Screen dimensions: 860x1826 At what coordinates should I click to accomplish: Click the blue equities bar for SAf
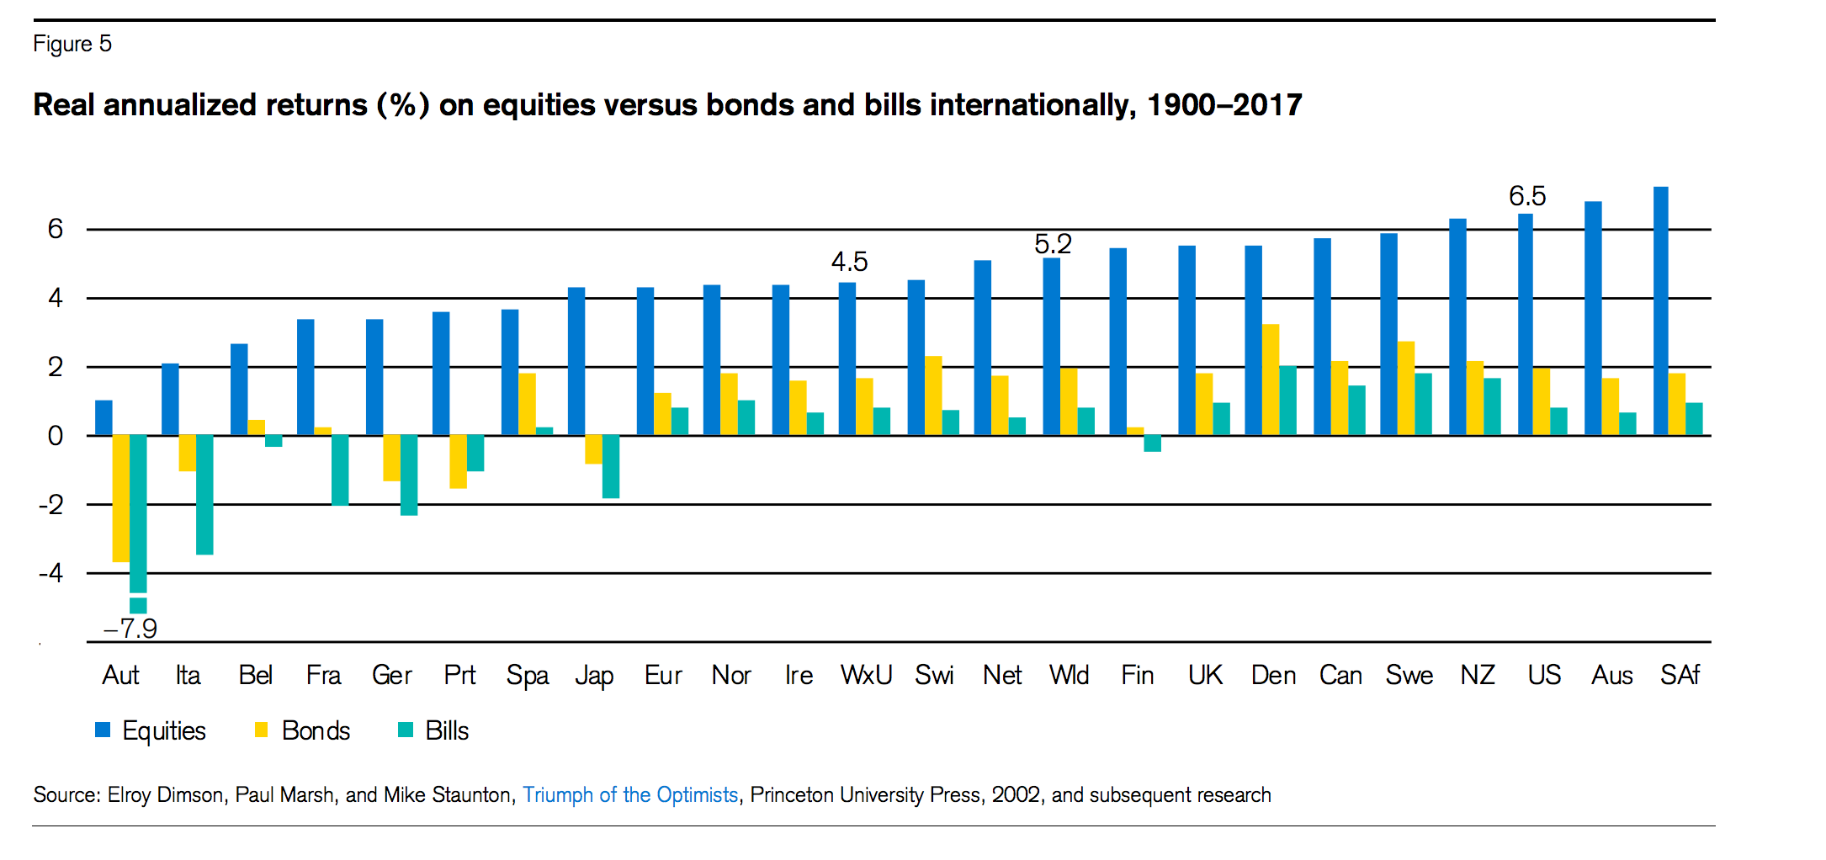[1660, 311]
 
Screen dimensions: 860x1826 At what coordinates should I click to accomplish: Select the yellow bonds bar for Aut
[120, 498]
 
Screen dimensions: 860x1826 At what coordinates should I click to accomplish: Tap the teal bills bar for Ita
[204, 495]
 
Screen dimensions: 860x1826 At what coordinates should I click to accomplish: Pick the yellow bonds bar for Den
[1271, 380]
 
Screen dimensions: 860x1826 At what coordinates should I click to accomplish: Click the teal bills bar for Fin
[1152, 443]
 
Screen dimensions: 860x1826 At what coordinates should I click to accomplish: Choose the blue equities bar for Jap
[576, 361]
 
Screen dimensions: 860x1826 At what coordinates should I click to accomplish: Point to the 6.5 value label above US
[1527, 196]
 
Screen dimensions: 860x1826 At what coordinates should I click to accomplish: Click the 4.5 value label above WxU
[849, 262]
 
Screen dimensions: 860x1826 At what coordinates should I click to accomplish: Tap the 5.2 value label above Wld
[1053, 244]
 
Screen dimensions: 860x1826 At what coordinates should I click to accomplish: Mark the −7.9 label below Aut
[130, 629]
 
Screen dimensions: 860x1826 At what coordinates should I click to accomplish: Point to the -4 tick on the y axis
[51, 573]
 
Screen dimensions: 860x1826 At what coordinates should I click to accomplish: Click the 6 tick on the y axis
[56, 229]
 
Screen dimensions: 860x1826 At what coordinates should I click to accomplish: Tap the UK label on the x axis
[1205, 675]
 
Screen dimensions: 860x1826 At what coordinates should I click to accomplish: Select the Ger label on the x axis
[391, 675]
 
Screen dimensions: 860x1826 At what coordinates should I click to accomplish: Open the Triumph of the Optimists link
[630, 795]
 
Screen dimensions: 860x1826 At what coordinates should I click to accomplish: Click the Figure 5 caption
[72, 44]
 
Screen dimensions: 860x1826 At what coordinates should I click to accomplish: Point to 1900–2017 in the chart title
[1224, 105]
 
